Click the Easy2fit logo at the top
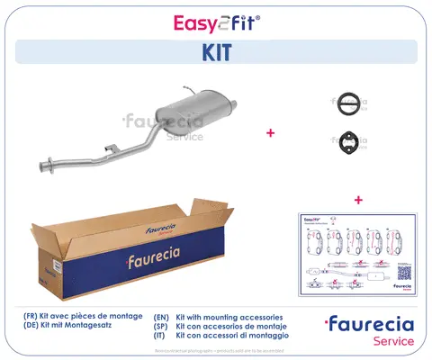click(215, 21)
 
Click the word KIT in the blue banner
click(216, 52)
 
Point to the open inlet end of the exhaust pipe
click(42, 168)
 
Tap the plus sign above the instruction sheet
click(357, 198)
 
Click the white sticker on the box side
click(54, 267)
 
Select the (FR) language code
click(32, 318)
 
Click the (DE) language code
click(32, 328)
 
